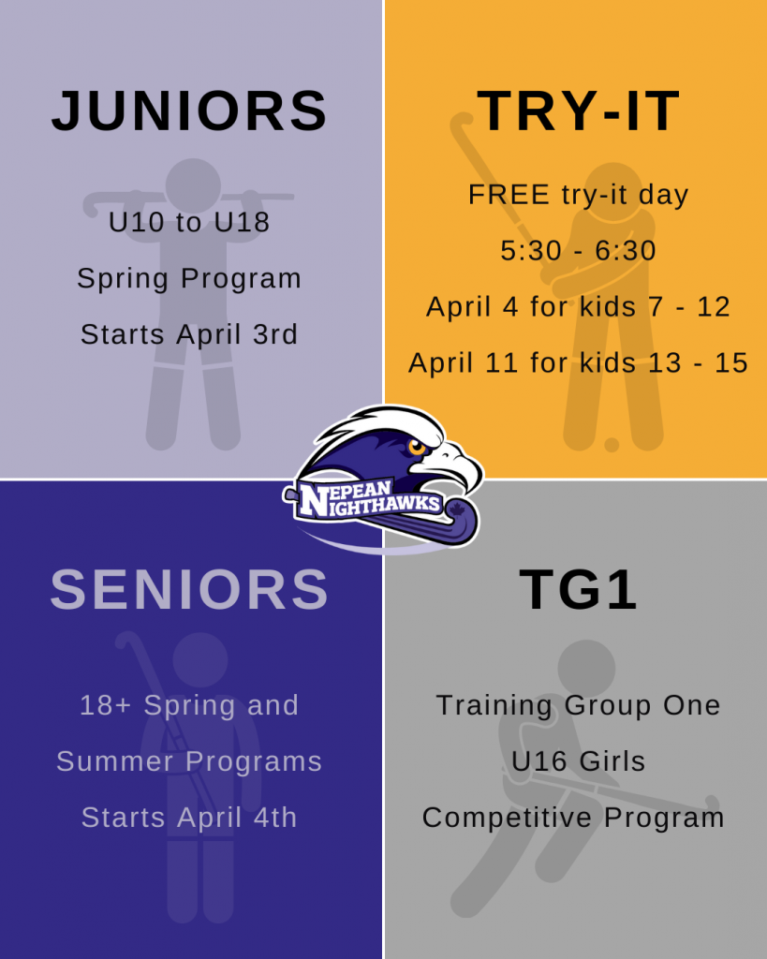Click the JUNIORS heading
pos(189,111)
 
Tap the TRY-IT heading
pos(578,111)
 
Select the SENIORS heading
pos(189,589)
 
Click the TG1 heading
pos(578,589)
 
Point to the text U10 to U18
pos(189,221)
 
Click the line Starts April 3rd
pos(189,334)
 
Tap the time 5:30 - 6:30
pos(578,250)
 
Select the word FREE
pos(509,195)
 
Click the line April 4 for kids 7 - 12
pos(578,306)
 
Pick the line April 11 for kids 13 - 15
pos(578,362)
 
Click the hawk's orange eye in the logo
pos(417,447)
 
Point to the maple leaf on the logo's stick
pos(456,509)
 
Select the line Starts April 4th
pos(189,817)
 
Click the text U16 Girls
pos(578,760)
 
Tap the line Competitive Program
pos(573,818)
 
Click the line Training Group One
pos(578,705)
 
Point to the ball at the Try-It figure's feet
pos(611,445)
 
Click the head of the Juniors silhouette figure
pos(193,185)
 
